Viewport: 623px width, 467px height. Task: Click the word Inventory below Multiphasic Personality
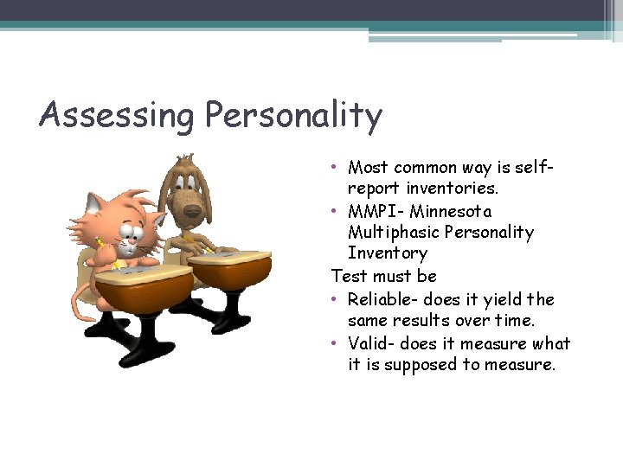(x=387, y=253)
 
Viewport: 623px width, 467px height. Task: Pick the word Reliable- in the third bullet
(x=387, y=299)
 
